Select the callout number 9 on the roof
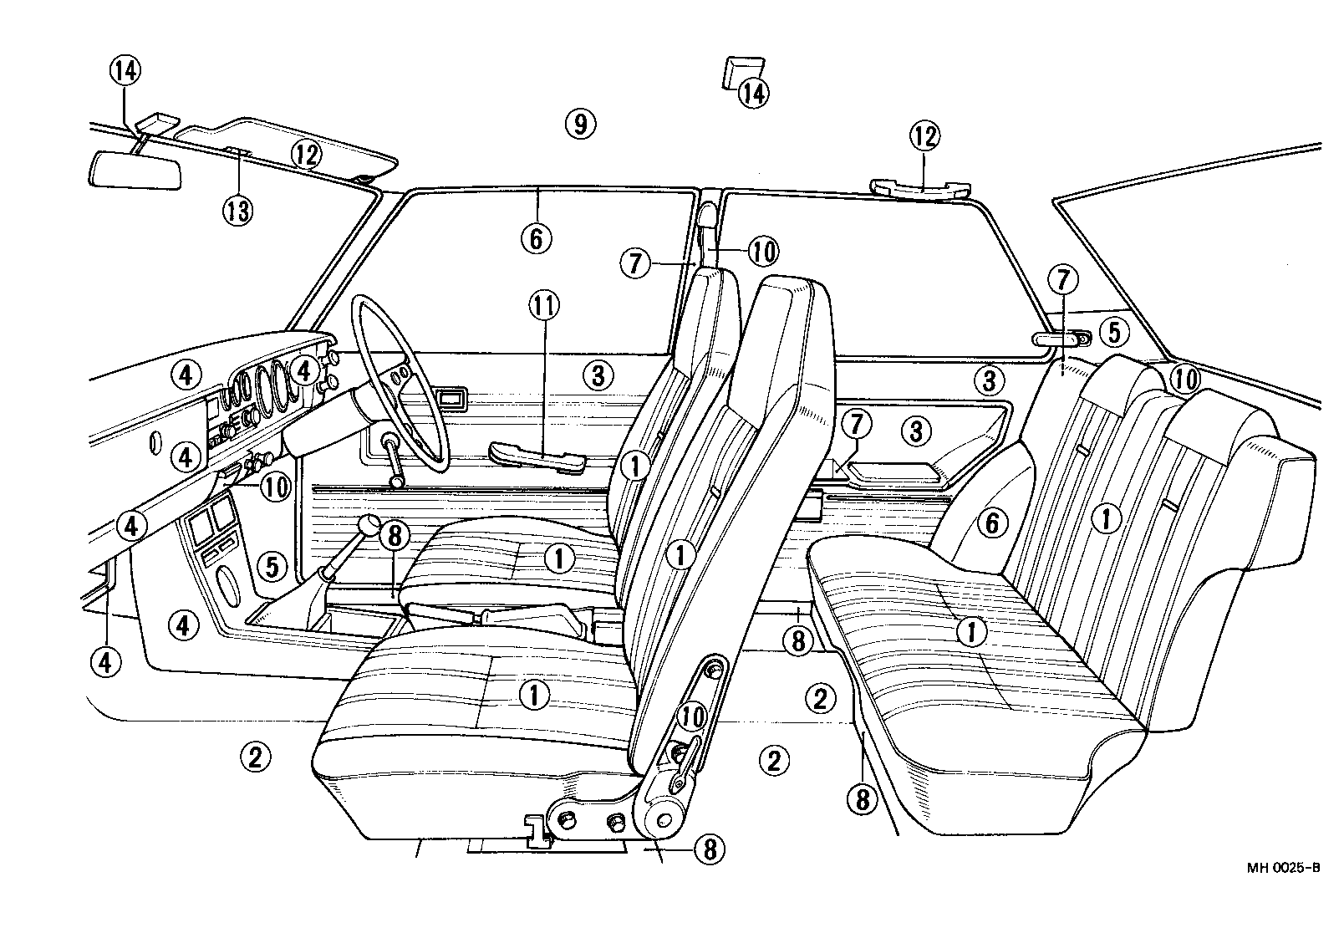[x=579, y=125]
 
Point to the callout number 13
[x=237, y=210]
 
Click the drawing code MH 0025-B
[x=1284, y=868]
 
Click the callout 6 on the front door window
[x=536, y=238]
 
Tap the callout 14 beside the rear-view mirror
[x=124, y=72]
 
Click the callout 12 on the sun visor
[x=307, y=154]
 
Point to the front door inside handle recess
[x=451, y=398]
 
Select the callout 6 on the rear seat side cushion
[x=992, y=524]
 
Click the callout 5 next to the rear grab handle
[x=1113, y=332]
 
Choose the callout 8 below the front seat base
[x=709, y=849]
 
